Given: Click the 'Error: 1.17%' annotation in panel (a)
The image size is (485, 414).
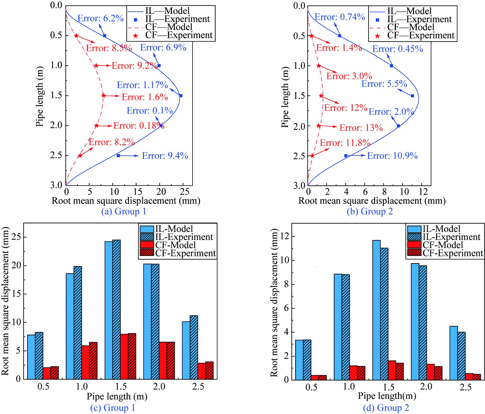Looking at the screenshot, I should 142,85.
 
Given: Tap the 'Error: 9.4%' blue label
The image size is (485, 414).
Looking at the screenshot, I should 165,156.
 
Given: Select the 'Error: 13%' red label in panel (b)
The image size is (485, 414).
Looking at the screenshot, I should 361,128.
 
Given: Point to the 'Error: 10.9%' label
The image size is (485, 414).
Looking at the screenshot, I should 392,156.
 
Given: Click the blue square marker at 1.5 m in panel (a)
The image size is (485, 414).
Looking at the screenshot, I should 181,96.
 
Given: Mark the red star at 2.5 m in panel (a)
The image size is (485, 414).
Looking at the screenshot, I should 80,155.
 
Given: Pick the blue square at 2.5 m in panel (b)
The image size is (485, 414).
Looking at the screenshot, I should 346,156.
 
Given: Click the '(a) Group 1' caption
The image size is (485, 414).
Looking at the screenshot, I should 124,211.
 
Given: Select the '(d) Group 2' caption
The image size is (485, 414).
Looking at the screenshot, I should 386,408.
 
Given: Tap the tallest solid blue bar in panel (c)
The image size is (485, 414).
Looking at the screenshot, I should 108,310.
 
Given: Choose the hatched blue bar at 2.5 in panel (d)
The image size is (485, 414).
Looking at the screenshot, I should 461,356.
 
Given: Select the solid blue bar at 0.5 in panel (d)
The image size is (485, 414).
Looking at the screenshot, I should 299,360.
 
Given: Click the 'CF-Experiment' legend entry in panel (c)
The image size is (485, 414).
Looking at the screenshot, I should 185,253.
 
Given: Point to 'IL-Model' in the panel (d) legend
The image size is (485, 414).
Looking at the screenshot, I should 441,229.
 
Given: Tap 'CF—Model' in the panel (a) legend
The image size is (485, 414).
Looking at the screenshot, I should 169,27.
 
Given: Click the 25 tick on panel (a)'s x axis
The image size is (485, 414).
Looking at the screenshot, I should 184,192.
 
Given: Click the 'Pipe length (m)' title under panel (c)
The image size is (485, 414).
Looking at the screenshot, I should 117,396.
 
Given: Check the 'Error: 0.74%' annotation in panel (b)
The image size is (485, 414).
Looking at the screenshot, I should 340,17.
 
